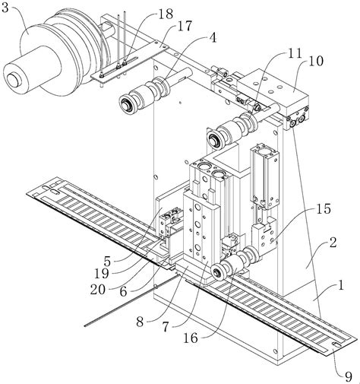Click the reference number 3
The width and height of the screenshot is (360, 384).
pos(5,8)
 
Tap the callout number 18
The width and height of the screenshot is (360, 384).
pos(166,14)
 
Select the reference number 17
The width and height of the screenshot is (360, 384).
pos(185,26)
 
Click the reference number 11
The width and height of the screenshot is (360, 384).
pos(295,53)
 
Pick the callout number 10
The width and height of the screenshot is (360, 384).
pos(316,61)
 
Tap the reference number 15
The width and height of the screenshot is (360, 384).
pos(324,208)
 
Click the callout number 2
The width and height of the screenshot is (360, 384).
pos(333,243)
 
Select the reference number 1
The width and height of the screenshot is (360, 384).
pos(341,285)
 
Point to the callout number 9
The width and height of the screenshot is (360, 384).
pos(349,377)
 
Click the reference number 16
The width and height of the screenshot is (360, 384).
pos(191,338)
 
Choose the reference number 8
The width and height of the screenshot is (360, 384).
pos(140,322)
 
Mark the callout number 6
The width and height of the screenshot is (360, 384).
pos(123,292)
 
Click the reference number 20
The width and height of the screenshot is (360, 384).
pos(98,289)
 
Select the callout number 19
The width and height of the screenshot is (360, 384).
pos(102,274)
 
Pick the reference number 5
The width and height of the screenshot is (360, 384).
pos(107,260)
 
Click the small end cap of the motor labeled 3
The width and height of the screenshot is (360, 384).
pos(14,80)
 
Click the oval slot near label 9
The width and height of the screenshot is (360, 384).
pos(336,344)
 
